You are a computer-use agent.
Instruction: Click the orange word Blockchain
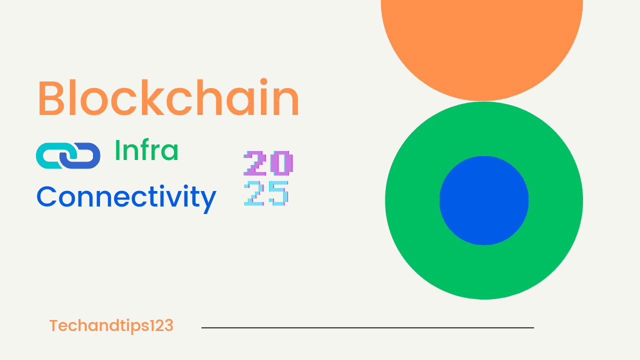pos(168,98)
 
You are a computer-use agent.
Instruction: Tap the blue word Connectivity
pos(126,197)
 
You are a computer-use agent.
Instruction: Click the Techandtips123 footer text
pos(111,326)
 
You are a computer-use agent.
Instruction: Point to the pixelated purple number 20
pos(268,163)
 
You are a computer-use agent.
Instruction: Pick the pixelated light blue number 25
pos(266,193)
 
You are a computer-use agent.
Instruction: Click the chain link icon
pos(68,155)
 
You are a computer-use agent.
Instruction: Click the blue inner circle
pos(484,200)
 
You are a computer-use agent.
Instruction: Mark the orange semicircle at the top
pos(482,45)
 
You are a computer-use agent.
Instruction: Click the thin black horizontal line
pos(367,327)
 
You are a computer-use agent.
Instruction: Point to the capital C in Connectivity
pos(47,197)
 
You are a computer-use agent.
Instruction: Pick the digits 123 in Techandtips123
pos(161,326)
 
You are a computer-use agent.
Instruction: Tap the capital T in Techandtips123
pos(53,326)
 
